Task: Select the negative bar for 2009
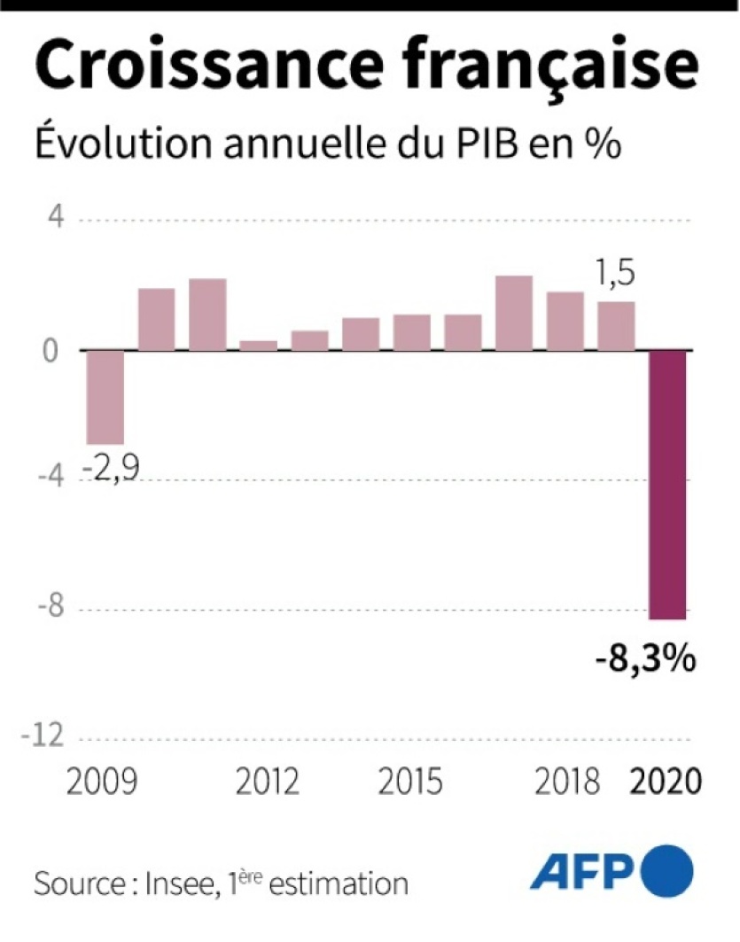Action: point(105,397)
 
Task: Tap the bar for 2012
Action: point(258,345)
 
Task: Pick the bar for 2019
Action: point(616,325)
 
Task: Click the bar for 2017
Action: point(514,313)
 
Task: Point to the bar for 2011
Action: point(207,314)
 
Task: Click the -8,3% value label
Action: point(643,660)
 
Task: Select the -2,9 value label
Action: point(113,464)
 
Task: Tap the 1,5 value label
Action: point(614,275)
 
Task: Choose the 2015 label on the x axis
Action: point(409,782)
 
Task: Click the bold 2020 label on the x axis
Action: point(665,782)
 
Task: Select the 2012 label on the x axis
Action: point(269,782)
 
